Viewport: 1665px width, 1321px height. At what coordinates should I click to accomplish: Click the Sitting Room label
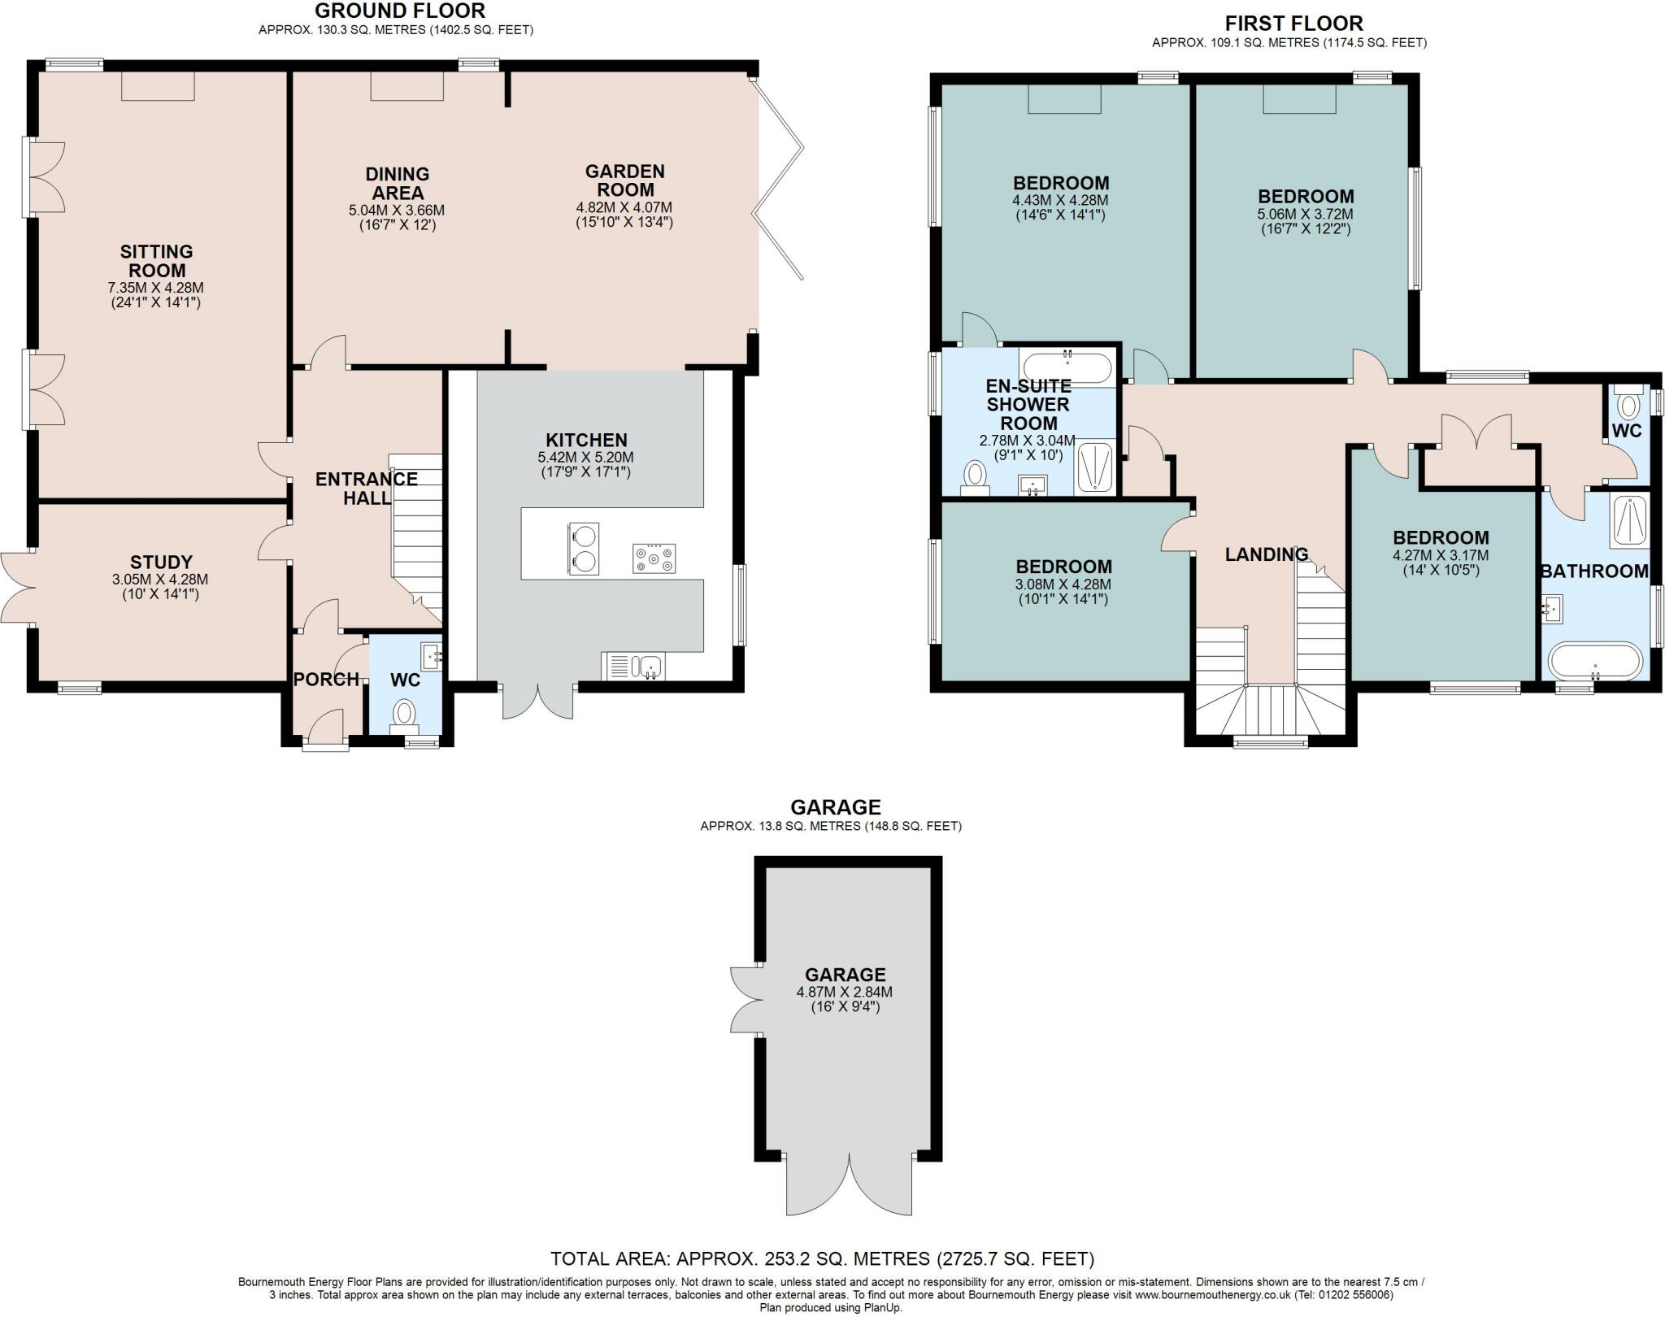click(156, 261)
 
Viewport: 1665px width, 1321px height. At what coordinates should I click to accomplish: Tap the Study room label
click(162, 562)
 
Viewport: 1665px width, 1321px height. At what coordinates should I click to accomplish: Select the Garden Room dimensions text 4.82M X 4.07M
click(624, 207)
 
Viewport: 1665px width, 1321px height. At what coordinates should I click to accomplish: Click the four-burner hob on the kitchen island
click(654, 558)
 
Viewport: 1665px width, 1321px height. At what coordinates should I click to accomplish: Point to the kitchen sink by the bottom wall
click(633, 666)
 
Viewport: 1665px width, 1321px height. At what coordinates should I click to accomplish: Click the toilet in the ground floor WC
click(403, 715)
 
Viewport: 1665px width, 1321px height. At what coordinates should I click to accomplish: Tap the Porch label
click(326, 679)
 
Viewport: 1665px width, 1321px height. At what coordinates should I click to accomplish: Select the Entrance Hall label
click(367, 488)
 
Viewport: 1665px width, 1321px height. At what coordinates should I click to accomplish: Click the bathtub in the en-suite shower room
click(1067, 367)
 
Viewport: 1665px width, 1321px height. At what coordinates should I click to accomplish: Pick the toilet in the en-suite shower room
click(974, 477)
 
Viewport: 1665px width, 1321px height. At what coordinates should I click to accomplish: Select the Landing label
click(1267, 554)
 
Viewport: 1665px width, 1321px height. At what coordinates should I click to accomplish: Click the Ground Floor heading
click(399, 11)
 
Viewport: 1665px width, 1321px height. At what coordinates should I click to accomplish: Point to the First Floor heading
click(1294, 23)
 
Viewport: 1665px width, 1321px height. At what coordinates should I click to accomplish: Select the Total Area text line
click(823, 1259)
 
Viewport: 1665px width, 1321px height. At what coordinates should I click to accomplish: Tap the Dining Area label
click(397, 183)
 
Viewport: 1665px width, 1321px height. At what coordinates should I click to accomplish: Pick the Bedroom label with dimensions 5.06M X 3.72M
click(1306, 196)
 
